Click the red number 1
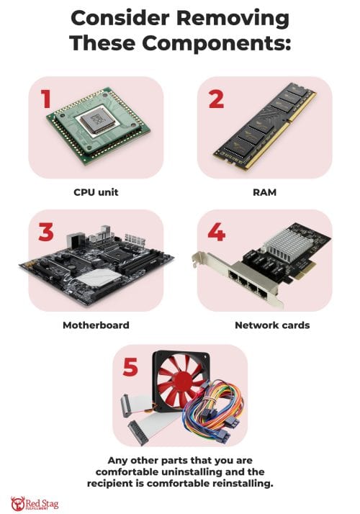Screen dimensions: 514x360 45,99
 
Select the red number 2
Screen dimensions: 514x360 216,99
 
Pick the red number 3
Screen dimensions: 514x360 46,232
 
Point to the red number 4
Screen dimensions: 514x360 217,232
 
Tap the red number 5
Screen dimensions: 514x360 130,366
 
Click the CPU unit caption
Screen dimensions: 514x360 96,193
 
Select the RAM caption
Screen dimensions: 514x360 264,193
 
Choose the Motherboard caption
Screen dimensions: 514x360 96,325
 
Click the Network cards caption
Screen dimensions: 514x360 271,325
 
